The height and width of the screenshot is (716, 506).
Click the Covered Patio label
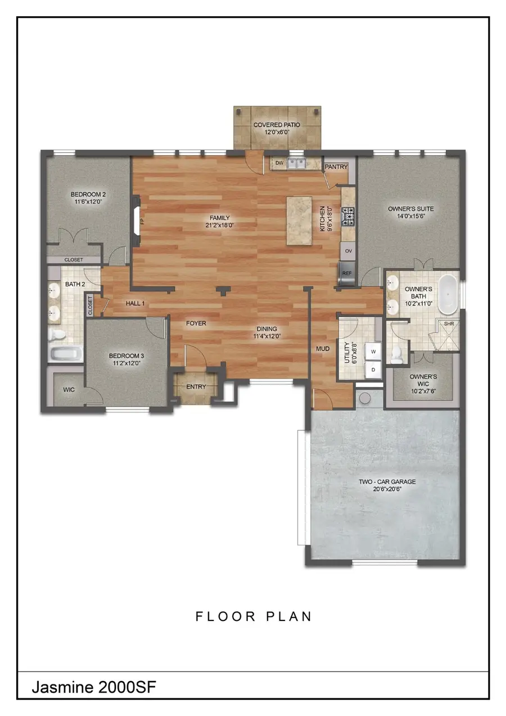pyautogui.click(x=277, y=125)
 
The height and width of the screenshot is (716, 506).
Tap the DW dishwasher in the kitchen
pyautogui.click(x=279, y=164)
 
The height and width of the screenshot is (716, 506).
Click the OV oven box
pyautogui.click(x=348, y=251)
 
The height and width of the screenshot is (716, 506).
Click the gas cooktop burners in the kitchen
pyautogui.click(x=349, y=215)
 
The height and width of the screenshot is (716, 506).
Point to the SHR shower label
pyautogui.click(x=449, y=323)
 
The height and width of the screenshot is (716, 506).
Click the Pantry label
pyautogui.click(x=336, y=167)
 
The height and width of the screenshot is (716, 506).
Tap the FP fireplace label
pyautogui.click(x=142, y=221)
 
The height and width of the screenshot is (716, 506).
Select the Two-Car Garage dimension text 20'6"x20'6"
pyautogui.click(x=387, y=490)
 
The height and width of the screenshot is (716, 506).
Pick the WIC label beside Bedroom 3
pyautogui.click(x=69, y=389)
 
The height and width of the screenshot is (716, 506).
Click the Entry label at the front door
pyautogui.click(x=196, y=387)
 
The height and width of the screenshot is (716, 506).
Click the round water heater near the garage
pyautogui.click(x=365, y=399)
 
